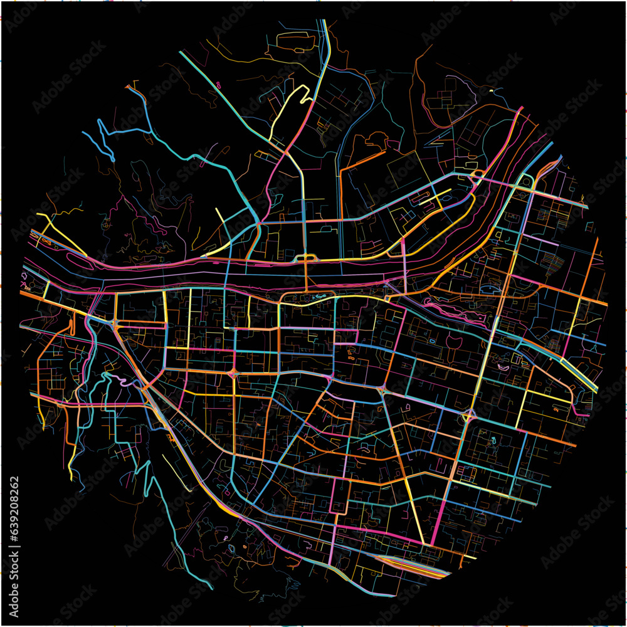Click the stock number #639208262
click(14, 517)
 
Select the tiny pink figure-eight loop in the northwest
click(218, 85)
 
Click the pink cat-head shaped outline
click(453, 344)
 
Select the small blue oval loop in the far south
click(231, 548)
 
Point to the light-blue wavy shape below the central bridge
click(319, 296)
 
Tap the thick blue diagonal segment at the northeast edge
click(545, 150)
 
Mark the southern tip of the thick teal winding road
click(210, 588)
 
